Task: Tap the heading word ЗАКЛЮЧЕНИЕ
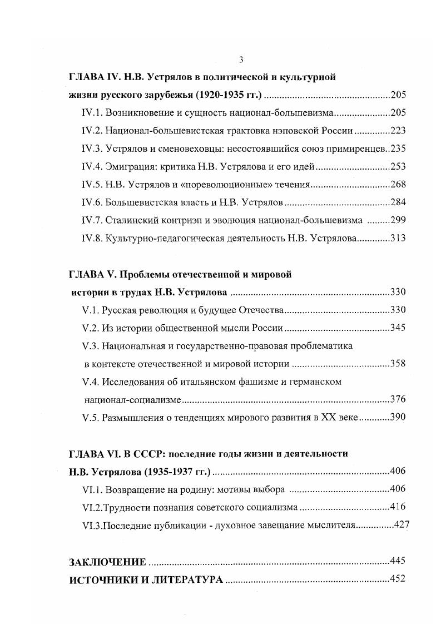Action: pyautogui.click(x=107, y=561)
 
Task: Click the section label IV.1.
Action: pyautogui.click(x=90, y=113)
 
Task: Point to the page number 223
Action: pyautogui.click(x=398, y=131)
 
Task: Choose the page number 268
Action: pyautogui.click(x=398, y=184)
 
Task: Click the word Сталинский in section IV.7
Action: pyautogui.click(x=128, y=220)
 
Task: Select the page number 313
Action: pyautogui.click(x=398, y=238)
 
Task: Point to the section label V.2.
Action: pyautogui.click(x=90, y=328)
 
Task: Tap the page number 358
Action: pyautogui.click(x=398, y=364)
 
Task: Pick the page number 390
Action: pyautogui.click(x=398, y=418)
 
